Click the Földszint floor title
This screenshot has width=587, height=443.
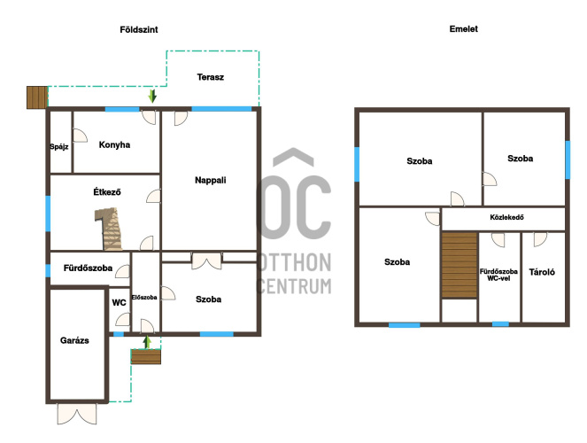(139, 29)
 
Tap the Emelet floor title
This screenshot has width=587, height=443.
(463, 29)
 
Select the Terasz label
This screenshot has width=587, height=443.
(211, 77)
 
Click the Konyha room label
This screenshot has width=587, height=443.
(114, 145)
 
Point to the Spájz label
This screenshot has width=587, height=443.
(59, 146)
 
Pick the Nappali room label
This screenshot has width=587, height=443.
(211, 180)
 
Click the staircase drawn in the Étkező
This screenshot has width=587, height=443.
(109, 229)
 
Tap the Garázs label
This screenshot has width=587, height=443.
(74, 340)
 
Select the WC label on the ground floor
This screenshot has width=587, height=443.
(119, 303)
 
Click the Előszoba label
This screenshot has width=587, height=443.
(144, 298)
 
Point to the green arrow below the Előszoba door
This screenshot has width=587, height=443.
(147, 342)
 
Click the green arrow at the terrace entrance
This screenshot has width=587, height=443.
(152, 96)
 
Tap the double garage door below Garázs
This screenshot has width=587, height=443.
(77, 414)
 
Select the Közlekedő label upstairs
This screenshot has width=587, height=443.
(506, 217)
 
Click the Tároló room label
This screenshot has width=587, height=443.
(542, 272)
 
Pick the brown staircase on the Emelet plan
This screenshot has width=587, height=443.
(460, 265)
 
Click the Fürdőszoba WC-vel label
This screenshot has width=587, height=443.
(498, 275)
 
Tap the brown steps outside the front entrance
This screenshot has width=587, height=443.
(146, 356)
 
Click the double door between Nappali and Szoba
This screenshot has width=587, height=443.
(206, 260)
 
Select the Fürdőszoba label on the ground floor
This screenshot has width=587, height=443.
(88, 268)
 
